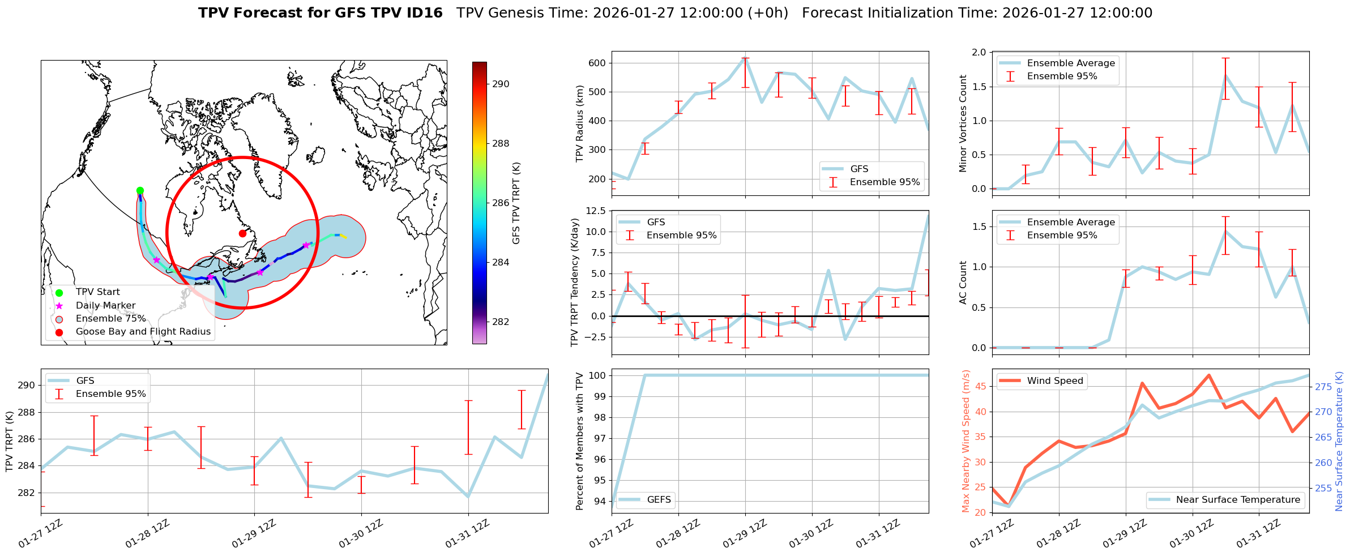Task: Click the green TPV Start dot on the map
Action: pos(140,191)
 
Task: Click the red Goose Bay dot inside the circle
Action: pos(242,233)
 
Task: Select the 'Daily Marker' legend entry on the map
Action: pos(105,305)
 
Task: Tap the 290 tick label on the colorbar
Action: pos(501,84)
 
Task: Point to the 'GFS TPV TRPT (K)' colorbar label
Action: pos(516,203)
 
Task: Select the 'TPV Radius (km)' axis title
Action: pos(579,123)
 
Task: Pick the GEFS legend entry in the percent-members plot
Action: pos(659,499)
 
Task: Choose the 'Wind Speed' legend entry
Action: pos(1054,380)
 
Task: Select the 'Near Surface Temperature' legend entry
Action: pos(1237,499)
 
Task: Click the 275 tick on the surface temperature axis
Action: pos(1323,387)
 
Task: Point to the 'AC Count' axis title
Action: pos(963,283)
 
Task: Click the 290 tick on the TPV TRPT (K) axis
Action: pos(26,386)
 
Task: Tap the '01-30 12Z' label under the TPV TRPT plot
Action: pos(361,534)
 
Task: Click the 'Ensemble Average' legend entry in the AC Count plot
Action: pos(1070,222)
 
